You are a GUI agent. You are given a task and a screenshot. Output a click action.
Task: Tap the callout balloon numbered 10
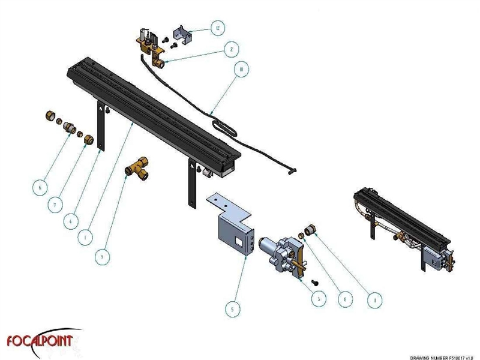pos(240,70)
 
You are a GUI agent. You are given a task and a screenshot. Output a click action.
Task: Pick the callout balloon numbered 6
pos(40,187)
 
